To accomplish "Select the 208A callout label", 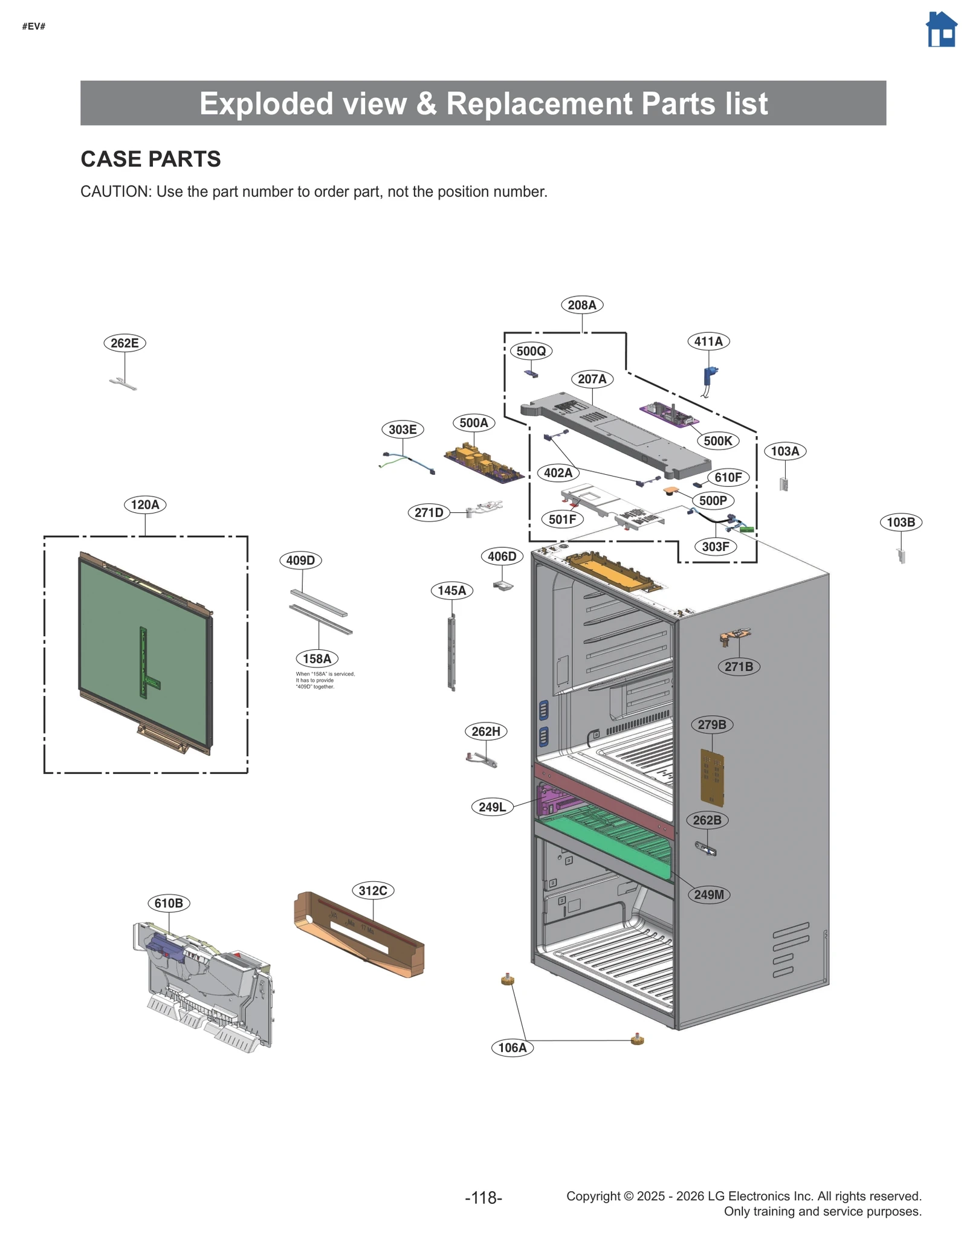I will pyautogui.click(x=581, y=305).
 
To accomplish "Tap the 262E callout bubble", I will pyautogui.click(x=125, y=343).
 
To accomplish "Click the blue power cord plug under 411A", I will pyautogui.click(x=710, y=376).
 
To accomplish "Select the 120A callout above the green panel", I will pyautogui.click(x=145, y=504).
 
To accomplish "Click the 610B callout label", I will pyautogui.click(x=169, y=903).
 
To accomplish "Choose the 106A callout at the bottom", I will pyautogui.click(x=512, y=1047).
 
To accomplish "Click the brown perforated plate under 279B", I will pyautogui.click(x=711, y=777).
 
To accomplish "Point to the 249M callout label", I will pyautogui.click(x=708, y=895).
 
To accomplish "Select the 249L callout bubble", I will pyautogui.click(x=492, y=807).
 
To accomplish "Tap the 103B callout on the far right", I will pyautogui.click(x=900, y=522).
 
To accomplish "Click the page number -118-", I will pyautogui.click(x=483, y=1197).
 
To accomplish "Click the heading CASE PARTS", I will pyautogui.click(x=150, y=159).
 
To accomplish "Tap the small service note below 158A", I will pyautogui.click(x=325, y=680).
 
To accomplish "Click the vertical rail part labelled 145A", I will pyautogui.click(x=451, y=652).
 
